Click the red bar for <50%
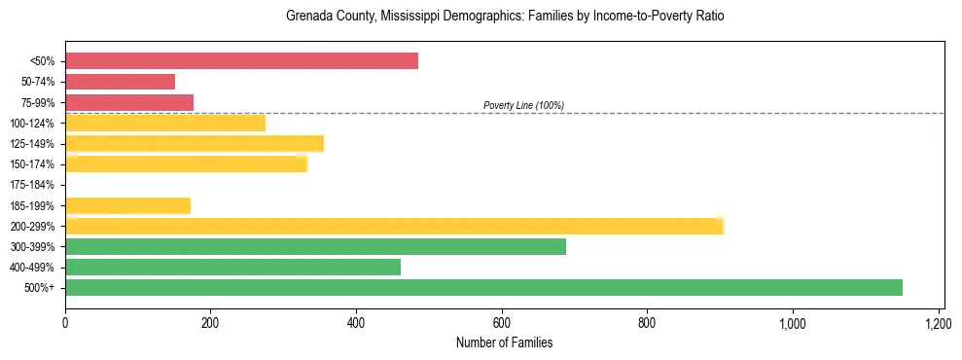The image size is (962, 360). click(241, 61)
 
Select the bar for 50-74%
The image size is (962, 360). click(120, 82)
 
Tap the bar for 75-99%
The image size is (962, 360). click(129, 102)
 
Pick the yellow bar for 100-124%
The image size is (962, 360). click(165, 123)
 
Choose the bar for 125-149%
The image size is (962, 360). click(195, 144)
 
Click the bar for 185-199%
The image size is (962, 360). click(127, 205)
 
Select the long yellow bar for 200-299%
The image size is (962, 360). click(394, 226)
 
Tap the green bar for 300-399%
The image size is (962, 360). click(315, 246)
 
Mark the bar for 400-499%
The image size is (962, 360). click(232, 267)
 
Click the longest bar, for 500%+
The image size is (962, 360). click(483, 287)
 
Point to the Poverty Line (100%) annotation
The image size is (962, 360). click(523, 105)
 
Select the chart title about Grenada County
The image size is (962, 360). click(505, 17)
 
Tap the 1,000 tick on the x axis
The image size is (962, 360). click(792, 322)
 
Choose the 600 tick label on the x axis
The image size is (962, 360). click(502, 322)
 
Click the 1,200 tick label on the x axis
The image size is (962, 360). click(938, 322)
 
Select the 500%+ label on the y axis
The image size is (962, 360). click(39, 288)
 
